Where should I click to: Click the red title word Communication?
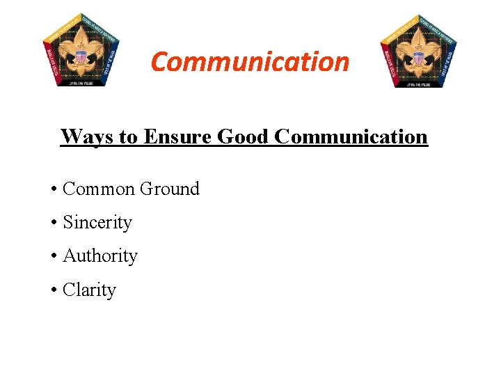coord(250,61)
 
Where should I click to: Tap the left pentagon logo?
coord(81,50)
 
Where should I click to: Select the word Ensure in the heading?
coord(177,136)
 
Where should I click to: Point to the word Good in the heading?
coord(244,136)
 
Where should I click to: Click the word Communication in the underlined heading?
coord(351,136)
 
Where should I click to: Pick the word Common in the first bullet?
coord(99,189)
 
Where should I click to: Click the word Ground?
coord(170,189)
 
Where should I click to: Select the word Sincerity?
coord(97,223)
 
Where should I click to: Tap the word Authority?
coord(100,256)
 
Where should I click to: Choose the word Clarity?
coord(89,290)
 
